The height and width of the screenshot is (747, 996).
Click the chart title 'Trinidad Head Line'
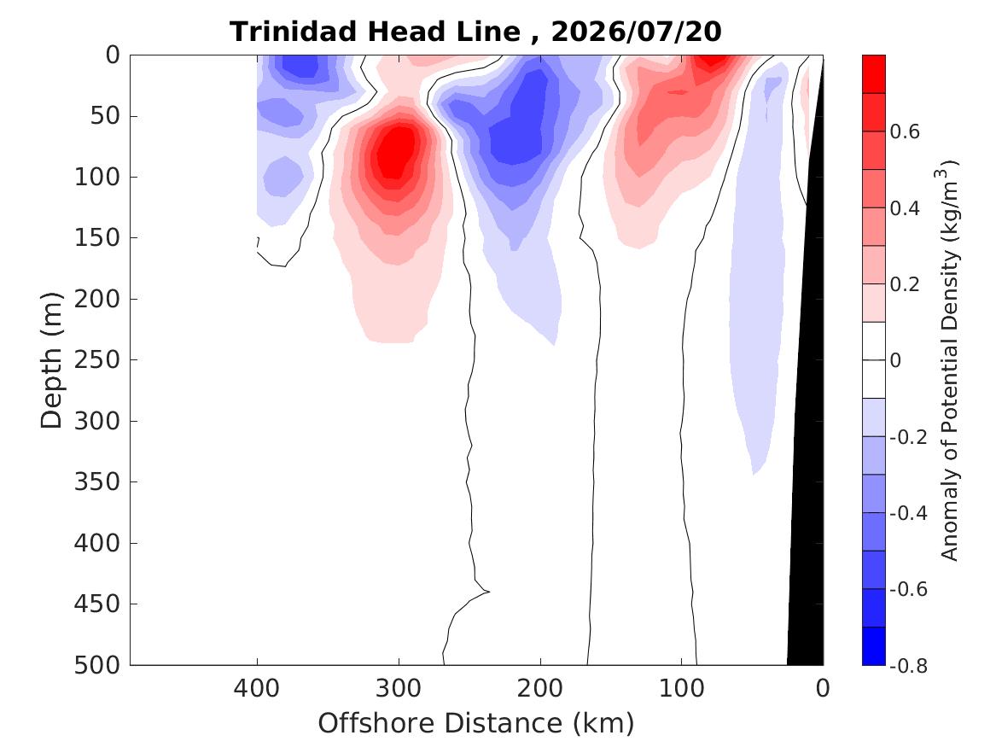[x=375, y=32]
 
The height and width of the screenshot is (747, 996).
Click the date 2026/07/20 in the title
[x=637, y=32]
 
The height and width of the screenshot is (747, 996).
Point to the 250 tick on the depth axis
[x=97, y=359]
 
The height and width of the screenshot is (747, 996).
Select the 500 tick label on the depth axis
[x=97, y=665]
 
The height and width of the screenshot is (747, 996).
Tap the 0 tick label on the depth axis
[x=113, y=55]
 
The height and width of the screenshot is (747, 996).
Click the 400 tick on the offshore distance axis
[x=257, y=689]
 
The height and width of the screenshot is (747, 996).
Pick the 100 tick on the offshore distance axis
[x=682, y=689]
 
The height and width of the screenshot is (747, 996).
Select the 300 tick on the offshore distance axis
[x=399, y=689]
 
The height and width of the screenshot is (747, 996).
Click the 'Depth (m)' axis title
[x=51, y=360]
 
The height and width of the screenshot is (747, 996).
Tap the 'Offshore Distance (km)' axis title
[x=476, y=723]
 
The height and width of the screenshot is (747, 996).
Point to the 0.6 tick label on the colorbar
[x=905, y=131]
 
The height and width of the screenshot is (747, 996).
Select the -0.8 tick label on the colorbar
[x=909, y=665]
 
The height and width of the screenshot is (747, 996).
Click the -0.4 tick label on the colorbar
[x=909, y=512]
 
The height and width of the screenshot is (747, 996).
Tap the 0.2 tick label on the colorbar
[x=905, y=284]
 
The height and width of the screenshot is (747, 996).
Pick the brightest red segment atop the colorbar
[x=873, y=74]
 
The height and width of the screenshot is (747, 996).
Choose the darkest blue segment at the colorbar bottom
[x=873, y=646]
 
